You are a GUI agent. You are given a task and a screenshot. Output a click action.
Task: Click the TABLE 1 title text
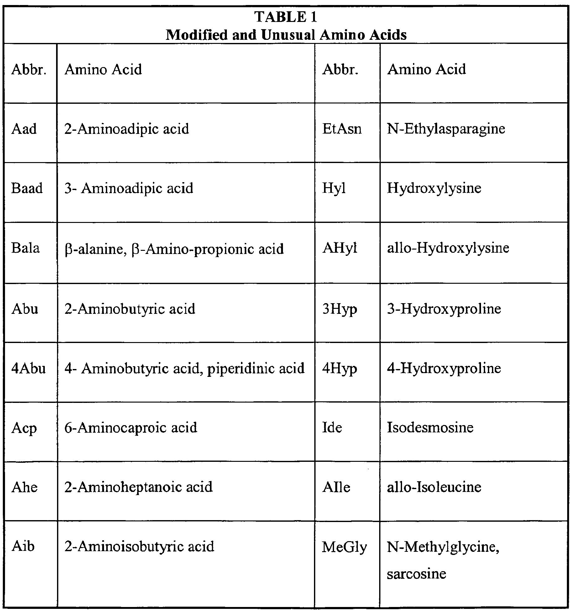click(285, 17)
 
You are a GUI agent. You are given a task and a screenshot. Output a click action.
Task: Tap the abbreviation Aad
click(24, 129)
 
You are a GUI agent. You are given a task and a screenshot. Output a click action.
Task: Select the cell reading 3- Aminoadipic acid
click(129, 188)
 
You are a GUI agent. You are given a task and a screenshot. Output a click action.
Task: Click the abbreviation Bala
click(25, 248)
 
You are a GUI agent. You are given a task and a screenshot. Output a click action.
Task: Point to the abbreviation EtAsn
click(342, 129)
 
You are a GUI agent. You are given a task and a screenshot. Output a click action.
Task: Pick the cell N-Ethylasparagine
click(446, 129)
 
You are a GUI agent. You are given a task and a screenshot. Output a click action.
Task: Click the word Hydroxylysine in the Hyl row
click(434, 188)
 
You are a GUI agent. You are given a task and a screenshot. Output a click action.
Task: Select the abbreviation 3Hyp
click(339, 309)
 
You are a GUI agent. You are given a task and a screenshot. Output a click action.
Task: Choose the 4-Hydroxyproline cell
click(444, 368)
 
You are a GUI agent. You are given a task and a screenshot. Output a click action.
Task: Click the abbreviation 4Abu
click(29, 368)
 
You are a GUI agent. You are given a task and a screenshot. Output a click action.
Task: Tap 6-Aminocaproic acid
click(131, 427)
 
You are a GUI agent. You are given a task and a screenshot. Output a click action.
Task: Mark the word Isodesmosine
click(430, 427)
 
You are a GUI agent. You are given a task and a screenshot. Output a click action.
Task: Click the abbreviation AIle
click(336, 487)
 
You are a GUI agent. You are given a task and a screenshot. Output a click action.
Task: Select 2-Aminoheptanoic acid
click(139, 487)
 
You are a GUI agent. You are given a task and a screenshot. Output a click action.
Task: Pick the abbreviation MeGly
click(344, 547)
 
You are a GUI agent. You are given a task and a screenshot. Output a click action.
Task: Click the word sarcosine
click(416, 573)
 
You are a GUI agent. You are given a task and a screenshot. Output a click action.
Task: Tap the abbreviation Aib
click(23, 546)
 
